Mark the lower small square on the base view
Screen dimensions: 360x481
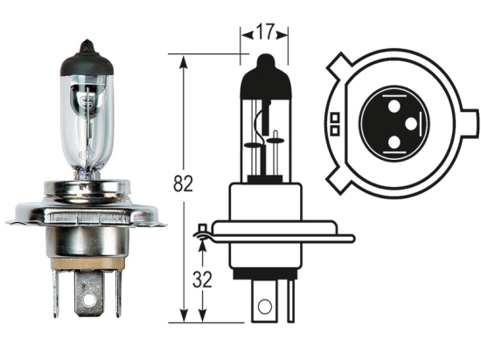point(335,130)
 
